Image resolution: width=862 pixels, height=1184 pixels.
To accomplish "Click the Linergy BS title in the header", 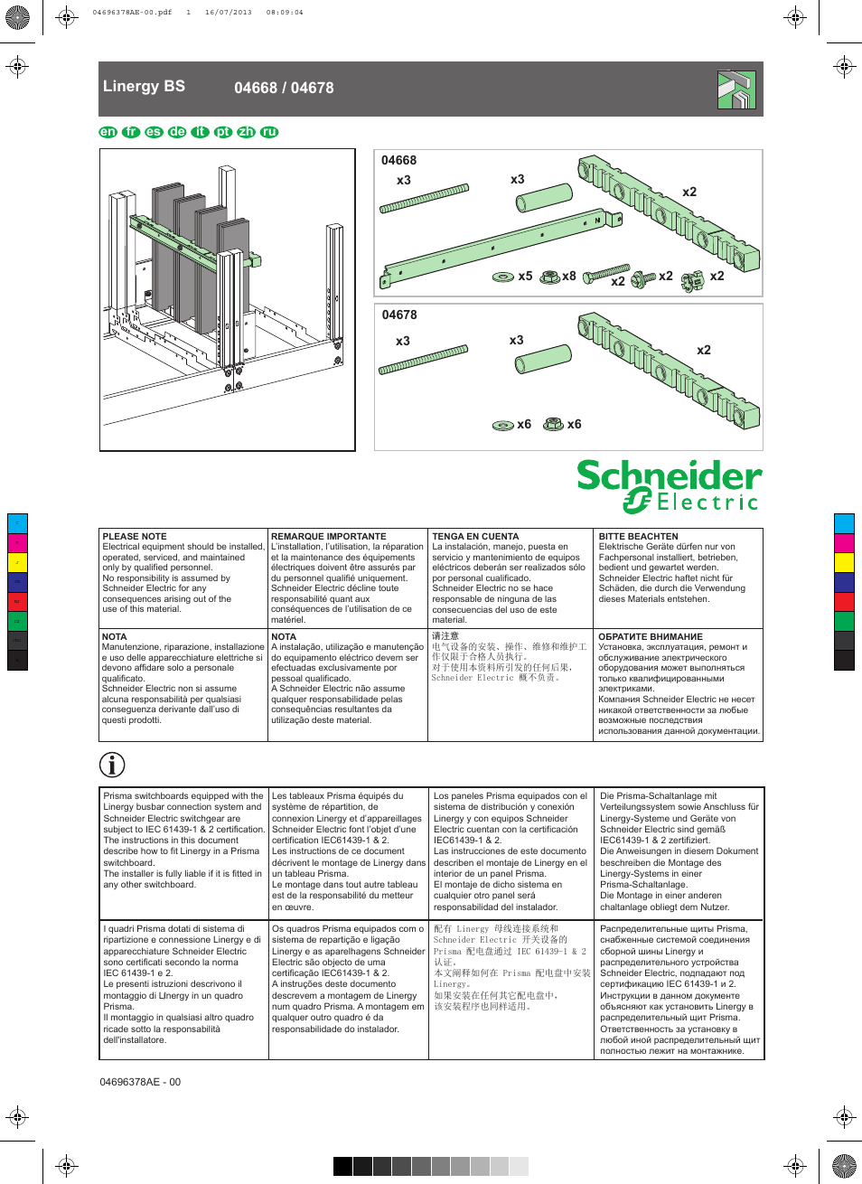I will (x=144, y=87).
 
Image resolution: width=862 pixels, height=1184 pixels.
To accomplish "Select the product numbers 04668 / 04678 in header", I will (x=284, y=89).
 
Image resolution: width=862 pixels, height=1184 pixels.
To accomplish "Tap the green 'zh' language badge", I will (x=246, y=132).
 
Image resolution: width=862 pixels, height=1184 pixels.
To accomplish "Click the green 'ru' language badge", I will (x=269, y=132).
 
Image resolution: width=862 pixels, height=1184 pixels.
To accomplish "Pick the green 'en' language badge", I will (x=108, y=132).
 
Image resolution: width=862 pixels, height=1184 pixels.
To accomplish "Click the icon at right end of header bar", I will (x=736, y=89).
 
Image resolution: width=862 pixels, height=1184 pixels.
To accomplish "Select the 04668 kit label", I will (x=398, y=161).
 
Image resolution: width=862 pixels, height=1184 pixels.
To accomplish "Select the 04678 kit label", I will (x=399, y=315).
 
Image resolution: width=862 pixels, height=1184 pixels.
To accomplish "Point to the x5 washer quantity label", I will (x=525, y=277).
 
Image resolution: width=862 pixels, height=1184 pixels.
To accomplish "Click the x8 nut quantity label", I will (x=568, y=277).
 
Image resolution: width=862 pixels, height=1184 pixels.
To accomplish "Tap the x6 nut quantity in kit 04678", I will (x=574, y=424).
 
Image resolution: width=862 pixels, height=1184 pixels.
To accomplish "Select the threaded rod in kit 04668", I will (x=424, y=199).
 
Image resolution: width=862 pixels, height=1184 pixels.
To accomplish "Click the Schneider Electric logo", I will (x=669, y=485).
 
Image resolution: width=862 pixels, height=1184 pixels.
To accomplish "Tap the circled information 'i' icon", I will (x=112, y=765).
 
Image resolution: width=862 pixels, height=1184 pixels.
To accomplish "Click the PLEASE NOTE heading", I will (x=135, y=537).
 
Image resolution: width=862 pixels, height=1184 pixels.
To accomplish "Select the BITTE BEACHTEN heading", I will (x=638, y=537).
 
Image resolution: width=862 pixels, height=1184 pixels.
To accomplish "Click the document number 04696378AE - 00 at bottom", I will (x=140, y=1082).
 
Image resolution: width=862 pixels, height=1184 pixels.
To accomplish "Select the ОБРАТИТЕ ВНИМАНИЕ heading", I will (x=650, y=637).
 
